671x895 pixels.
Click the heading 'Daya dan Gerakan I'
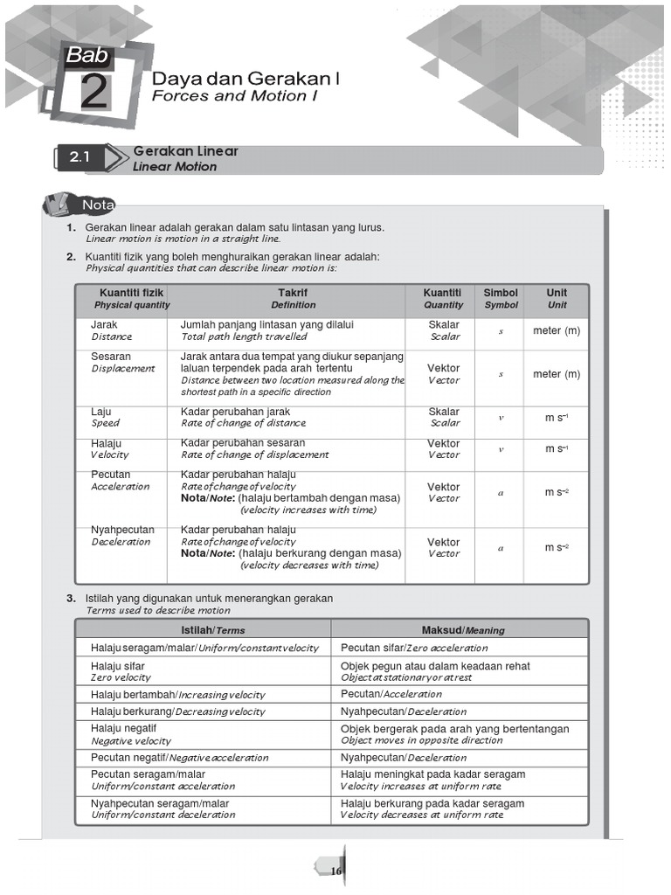[x=246, y=78]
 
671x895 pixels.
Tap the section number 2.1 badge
[x=81, y=158]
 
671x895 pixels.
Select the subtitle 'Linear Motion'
[x=175, y=166]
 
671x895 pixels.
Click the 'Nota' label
[x=98, y=205]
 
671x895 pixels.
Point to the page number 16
[x=335, y=871]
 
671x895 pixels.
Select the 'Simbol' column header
[x=501, y=293]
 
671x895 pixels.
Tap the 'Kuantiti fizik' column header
[x=132, y=293]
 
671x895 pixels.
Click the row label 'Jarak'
[x=104, y=324]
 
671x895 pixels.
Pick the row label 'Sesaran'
[x=111, y=357]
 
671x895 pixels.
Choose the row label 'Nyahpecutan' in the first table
[x=122, y=530]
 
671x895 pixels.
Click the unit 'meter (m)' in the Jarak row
[x=557, y=330]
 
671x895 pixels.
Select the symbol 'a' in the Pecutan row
[x=501, y=493]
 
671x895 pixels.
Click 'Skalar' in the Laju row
[x=444, y=412]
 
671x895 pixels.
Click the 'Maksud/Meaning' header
[x=462, y=629]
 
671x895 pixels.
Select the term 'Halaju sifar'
[x=118, y=666]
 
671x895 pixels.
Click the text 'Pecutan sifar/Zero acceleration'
[x=414, y=648]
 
